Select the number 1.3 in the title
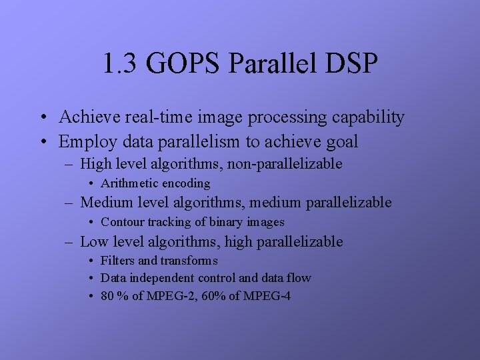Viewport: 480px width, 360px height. pyautogui.click(x=119, y=65)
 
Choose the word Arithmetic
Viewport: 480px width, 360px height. pyautogui.click(x=128, y=183)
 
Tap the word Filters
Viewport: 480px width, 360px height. pyautogui.click(x=117, y=261)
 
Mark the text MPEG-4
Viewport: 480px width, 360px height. pyautogui.click(x=265, y=295)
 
